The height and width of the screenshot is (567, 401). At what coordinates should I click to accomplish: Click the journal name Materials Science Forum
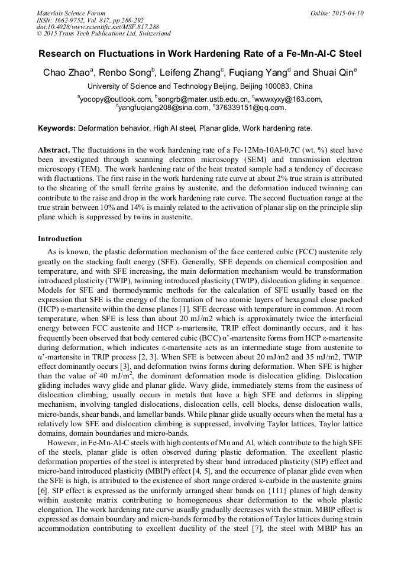(71, 12)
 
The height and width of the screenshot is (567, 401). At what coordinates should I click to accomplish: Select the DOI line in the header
(98, 27)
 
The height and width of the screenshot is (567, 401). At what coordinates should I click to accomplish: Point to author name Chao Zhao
(65, 73)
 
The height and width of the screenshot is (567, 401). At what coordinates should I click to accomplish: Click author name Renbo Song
(127, 73)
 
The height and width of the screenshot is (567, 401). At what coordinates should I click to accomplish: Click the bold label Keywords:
(57, 128)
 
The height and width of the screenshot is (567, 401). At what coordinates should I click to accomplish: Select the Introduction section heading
(60, 239)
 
